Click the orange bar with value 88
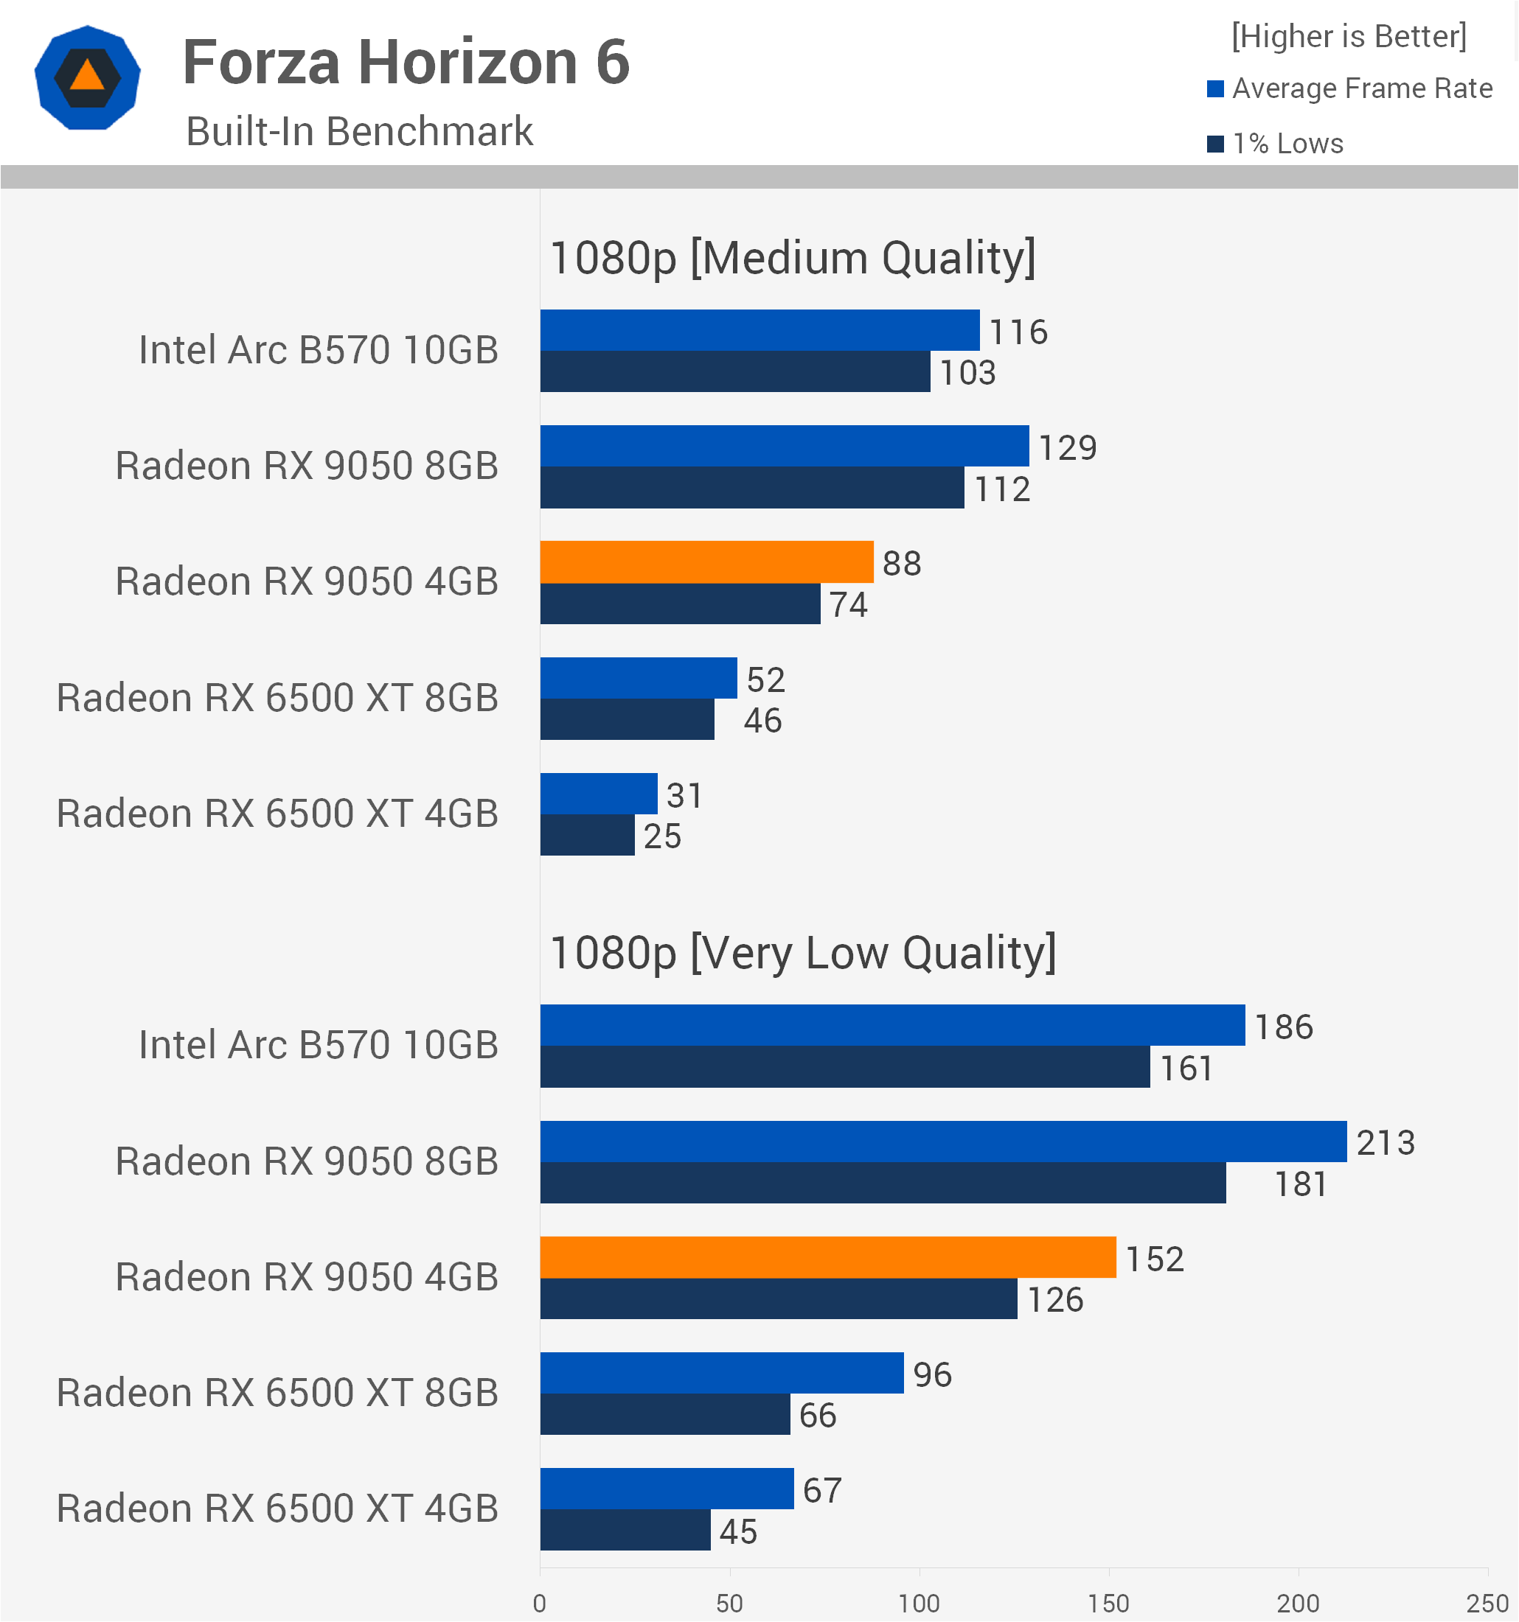pyautogui.click(x=707, y=562)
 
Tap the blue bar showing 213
pyautogui.click(x=944, y=1142)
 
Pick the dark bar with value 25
pyautogui.click(x=587, y=836)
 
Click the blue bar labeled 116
pyautogui.click(x=760, y=330)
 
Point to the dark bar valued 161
pyautogui.click(x=845, y=1067)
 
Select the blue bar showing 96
pyautogui.click(x=722, y=1373)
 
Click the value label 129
pyautogui.click(x=1068, y=448)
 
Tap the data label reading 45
pyautogui.click(x=738, y=1532)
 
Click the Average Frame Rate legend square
pyautogui.click(x=1215, y=89)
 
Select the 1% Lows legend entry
pyautogui.click(x=1275, y=144)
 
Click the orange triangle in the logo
pyautogui.click(x=87, y=76)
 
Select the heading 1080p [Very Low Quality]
pyautogui.click(x=803, y=953)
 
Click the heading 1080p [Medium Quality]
pyautogui.click(x=793, y=258)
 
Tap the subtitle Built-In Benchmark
pyautogui.click(x=359, y=131)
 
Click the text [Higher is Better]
pyautogui.click(x=1349, y=36)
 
